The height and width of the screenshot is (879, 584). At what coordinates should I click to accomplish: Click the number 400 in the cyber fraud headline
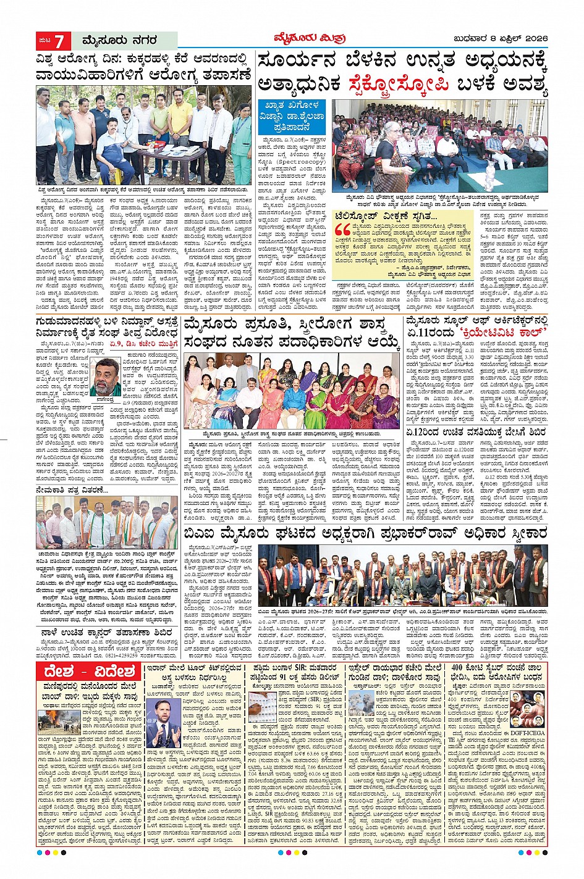[x=461, y=669]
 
